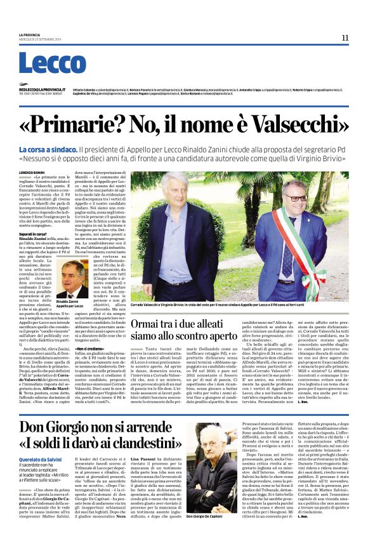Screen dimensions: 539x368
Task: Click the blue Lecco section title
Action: coord(43,63)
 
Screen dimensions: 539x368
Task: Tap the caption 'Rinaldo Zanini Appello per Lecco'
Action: coord(70,303)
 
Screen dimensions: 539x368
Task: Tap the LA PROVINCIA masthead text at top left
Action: coord(29,34)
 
